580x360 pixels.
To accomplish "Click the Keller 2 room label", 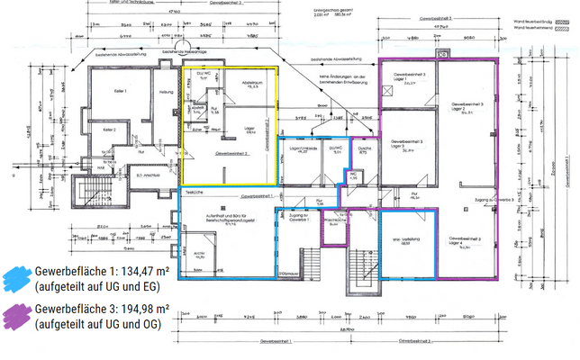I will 109,130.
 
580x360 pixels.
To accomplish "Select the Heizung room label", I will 165,92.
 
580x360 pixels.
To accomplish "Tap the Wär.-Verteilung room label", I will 406,239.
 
